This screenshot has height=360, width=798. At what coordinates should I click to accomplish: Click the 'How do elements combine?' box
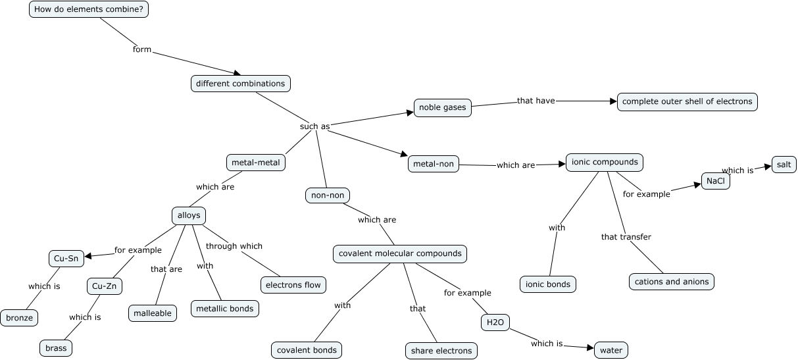click(x=89, y=9)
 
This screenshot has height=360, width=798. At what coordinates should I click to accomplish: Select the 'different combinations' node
click(x=241, y=84)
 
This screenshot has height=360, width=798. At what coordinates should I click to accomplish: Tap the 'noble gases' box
click(x=443, y=108)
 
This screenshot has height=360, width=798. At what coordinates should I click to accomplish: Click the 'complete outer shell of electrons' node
click(x=687, y=101)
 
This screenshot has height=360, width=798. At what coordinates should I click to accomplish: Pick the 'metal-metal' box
click(x=256, y=163)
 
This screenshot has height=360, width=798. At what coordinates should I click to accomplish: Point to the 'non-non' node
click(x=328, y=195)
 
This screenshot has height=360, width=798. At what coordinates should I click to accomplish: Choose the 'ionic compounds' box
click(x=605, y=162)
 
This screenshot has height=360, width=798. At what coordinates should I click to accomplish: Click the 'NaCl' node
click(x=716, y=181)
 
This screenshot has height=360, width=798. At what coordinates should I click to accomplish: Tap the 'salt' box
click(x=784, y=165)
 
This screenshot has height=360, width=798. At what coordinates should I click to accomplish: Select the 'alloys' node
click(x=189, y=216)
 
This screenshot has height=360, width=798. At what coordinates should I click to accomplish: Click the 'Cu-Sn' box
click(x=66, y=259)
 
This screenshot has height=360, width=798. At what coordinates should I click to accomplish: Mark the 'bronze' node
click(x=19, y=318)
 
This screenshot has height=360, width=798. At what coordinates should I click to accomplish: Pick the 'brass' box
click(x=56, y=348)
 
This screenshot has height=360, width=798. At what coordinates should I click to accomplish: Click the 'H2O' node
click(x=495, y=322)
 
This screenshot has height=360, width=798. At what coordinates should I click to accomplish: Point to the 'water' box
click(x=611, y=350)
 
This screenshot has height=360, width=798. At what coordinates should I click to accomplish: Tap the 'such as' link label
click(x=315, y=126)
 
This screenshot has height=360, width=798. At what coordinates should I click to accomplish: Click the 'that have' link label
click(x=536, y=101)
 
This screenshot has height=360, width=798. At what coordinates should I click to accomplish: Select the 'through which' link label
click(x=234, y=246)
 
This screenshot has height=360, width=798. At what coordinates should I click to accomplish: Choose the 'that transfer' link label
click(x=626, y=237)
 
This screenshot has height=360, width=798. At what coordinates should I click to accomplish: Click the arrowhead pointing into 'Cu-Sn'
click(x=88, y=256)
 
